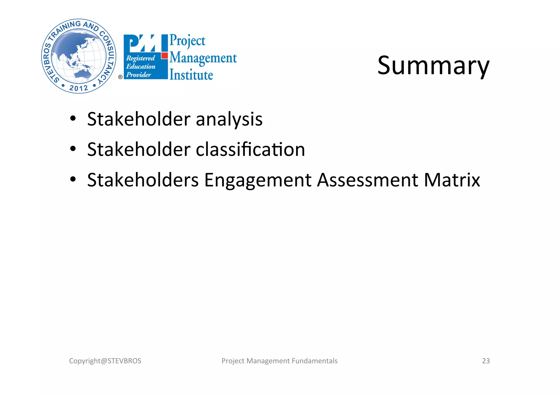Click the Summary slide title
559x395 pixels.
433,66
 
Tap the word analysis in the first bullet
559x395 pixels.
229,119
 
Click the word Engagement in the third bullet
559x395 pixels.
258,180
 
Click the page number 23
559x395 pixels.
486,361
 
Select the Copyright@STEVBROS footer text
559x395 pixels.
105,361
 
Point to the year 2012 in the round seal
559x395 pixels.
79,88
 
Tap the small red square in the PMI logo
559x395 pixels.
164,56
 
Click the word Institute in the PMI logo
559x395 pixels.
191,75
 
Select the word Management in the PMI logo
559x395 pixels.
203,58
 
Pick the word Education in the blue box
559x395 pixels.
141,66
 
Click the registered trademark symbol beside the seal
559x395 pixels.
120,77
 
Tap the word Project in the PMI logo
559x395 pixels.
187,41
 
